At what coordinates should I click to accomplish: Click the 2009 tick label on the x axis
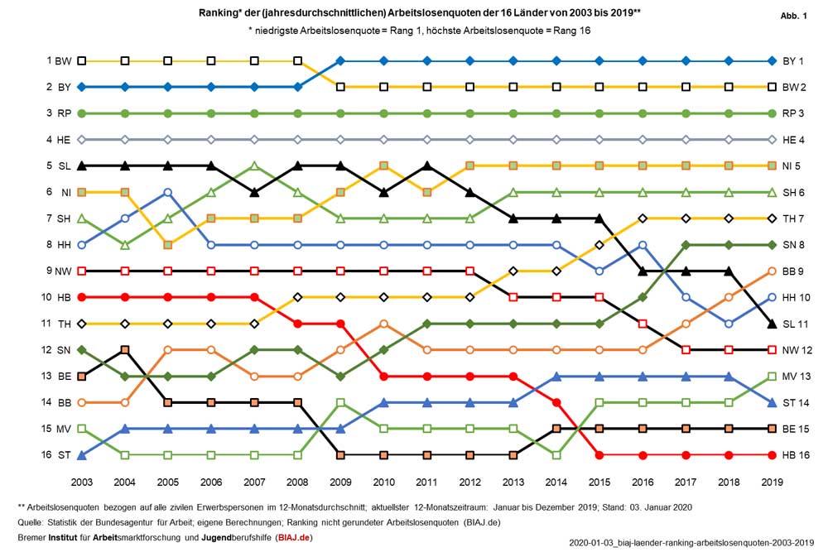click(x=340, y=481)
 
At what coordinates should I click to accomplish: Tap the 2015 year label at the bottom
click(x=599, y=481)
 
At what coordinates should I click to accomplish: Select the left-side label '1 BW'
click(x=60, y=60)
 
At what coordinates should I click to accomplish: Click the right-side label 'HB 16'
click(x=797, y=455)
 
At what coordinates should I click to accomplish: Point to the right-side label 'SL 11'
click(x=797, y=324)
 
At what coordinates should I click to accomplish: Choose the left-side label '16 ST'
click(x=59, y=455)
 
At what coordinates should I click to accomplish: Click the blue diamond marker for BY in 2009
click(x=340, y=60)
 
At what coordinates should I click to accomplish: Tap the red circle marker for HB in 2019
click(x=772, y=455)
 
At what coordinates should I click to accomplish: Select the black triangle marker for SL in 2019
click(x=772, y=324)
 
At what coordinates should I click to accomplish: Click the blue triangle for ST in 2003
click(x=82, y=455)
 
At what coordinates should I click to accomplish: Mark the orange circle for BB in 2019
click(x=772, y=271)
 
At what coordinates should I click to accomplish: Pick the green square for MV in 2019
click(x=772, y=376)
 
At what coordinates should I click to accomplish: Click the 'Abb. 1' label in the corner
click(x=793, y=17)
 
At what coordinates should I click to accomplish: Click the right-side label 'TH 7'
click(x=796, y=218)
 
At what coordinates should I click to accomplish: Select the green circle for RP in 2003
click(x=82, y=113)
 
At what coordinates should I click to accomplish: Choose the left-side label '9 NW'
click(x=59, y=271)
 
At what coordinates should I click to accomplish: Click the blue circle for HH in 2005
click(x=168, y=192)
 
